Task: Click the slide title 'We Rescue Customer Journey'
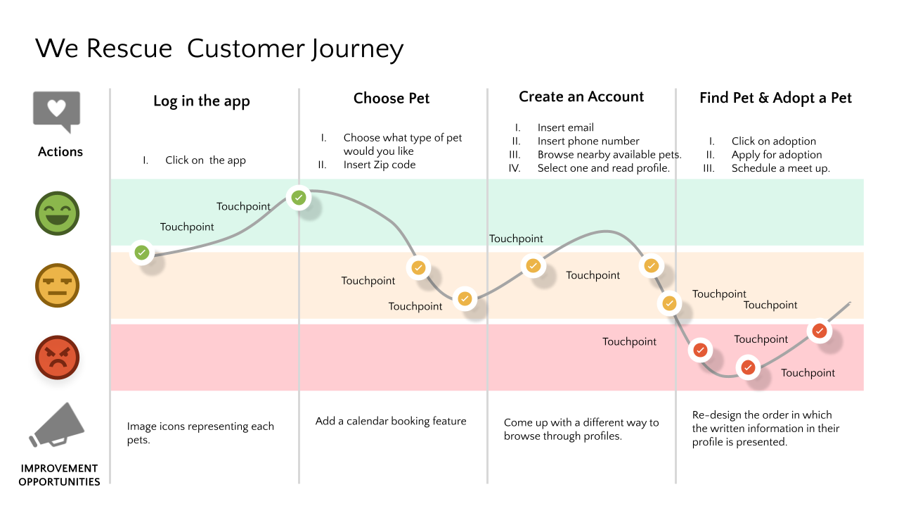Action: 219,49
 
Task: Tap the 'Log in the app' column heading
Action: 202,101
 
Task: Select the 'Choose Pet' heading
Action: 392,99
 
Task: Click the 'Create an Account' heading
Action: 581,97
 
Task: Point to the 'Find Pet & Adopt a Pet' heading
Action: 775,99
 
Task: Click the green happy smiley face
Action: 58,213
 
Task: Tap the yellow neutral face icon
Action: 58,286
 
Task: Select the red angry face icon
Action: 58,358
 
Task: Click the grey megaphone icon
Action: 58,426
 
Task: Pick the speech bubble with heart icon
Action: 57,110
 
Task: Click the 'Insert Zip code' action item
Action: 380,165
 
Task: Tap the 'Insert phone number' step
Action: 588,141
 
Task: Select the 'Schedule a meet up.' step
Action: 780,168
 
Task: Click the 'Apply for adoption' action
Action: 776,155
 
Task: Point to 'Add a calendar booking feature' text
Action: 391,421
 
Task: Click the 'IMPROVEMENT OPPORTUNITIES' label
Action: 59,475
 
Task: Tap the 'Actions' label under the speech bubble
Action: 60,152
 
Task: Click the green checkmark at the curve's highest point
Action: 299,198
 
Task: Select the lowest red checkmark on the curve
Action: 748,367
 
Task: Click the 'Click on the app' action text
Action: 205,160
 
